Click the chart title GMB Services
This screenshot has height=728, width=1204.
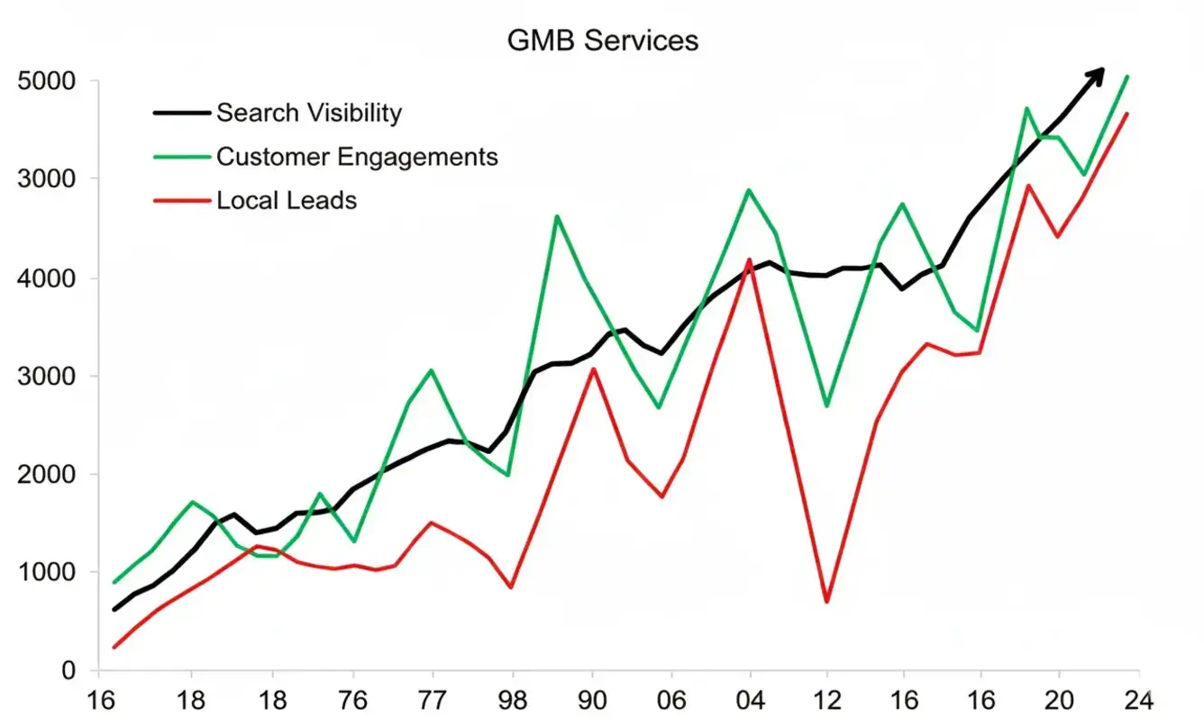click(603, 41)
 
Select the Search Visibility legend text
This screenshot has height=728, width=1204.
click(308, 113)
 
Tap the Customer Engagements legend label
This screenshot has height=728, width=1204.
click(357, 157)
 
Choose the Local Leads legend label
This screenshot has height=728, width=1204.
click(287, 200)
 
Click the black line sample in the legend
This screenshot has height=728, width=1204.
click(182, 113)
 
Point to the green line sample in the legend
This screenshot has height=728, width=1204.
click(182, 157)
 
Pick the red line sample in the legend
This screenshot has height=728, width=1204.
click(182, 200)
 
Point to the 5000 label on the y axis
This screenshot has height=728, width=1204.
click(45, 82)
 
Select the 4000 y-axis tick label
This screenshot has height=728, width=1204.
click(45, 278)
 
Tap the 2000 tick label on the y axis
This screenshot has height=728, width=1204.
click(45, 475)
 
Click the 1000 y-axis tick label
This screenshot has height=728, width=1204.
click(45, 573)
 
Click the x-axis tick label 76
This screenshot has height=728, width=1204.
click(353, 702)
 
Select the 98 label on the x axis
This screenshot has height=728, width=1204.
click(513, 702)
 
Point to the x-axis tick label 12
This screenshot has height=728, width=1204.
click(827, 702)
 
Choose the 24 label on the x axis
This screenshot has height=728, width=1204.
click(1138, 702)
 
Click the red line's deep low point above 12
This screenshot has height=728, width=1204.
click(826, 601)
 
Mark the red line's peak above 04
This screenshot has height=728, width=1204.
click(749, 259)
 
